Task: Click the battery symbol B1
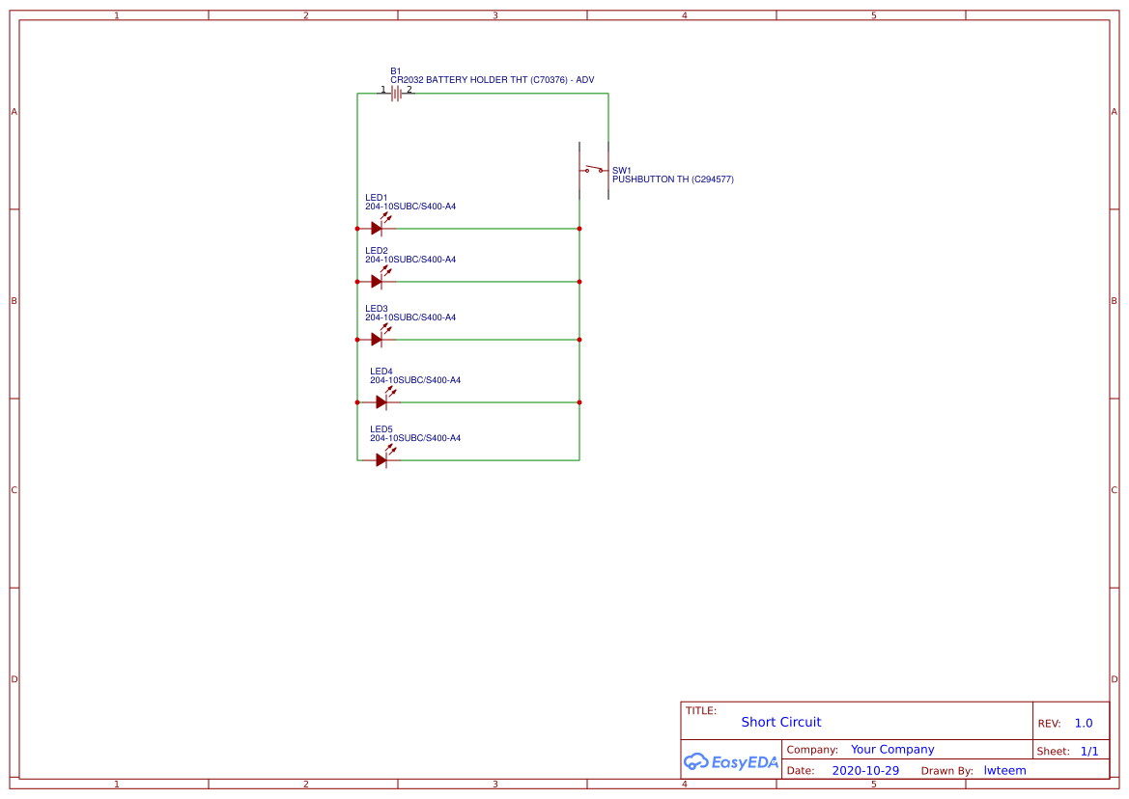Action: [396, 94]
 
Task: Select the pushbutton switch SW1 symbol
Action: [593, 171]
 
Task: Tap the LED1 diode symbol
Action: [378, 228]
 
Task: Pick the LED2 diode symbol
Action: [378, 281]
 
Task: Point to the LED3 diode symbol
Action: [378, 339]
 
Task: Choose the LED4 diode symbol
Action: [382, 401]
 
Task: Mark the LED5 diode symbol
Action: [382, 459]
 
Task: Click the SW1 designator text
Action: [621, 170]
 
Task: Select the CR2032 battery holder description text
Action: [492, 80]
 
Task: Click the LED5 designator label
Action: [381, 429]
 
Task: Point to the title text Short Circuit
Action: [781, 722]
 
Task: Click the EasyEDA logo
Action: [730, 761]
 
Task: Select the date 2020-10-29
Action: [865, 771]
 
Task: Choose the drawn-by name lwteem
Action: [1004, 771]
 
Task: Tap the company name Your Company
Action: [892, 750]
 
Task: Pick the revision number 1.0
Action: [1084, 724]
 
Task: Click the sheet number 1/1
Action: [1088, 751]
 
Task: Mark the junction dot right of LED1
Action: [579, 229]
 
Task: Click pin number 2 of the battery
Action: [409, 90]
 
